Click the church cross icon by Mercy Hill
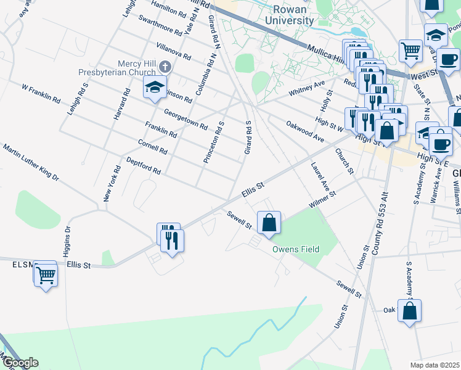165,66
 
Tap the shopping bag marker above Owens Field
269,223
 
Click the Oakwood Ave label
304,131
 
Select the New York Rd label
112,183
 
